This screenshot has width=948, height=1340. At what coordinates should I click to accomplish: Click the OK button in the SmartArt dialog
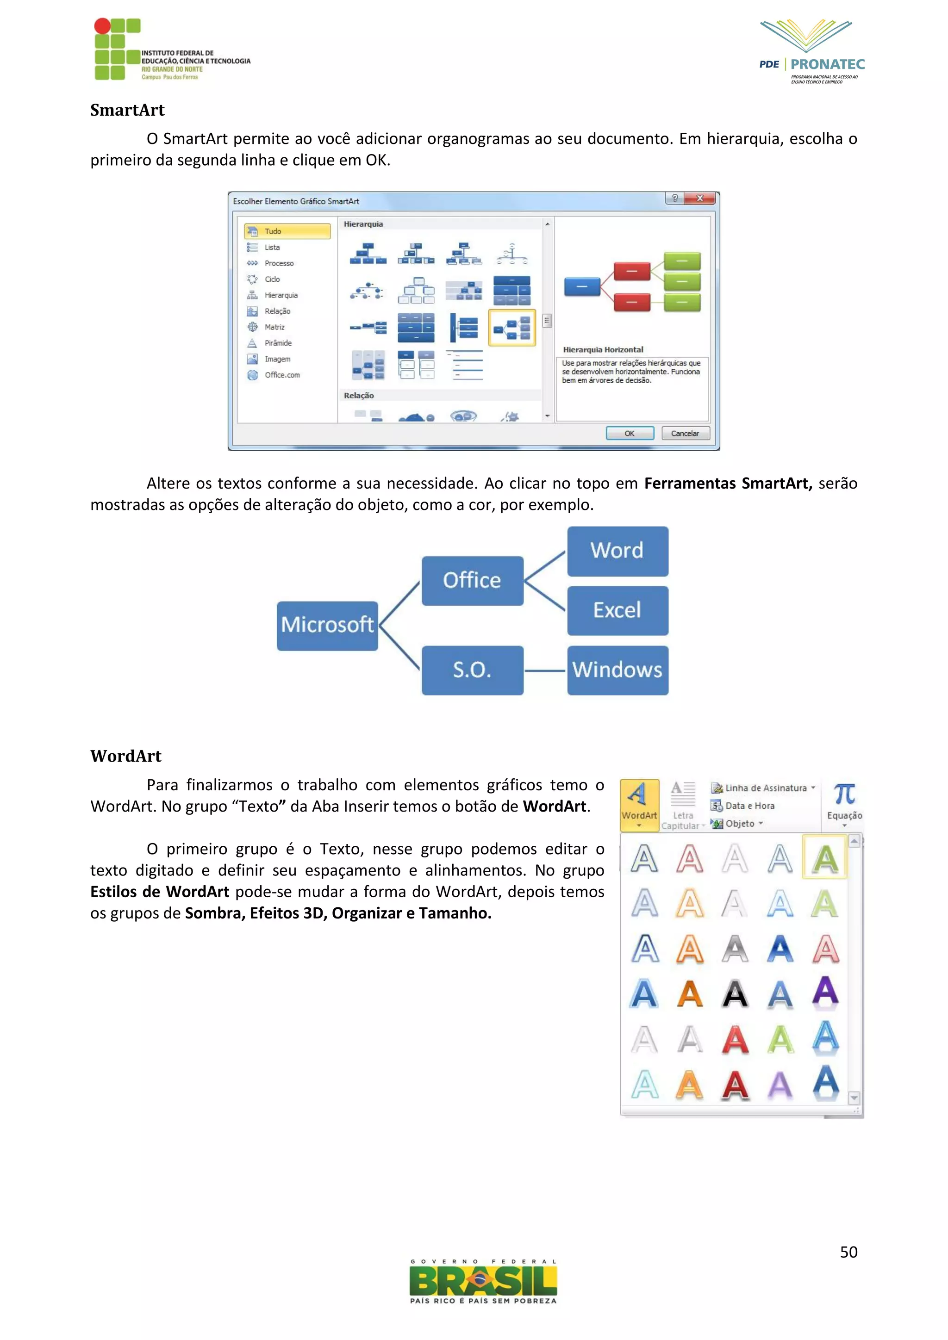pos(629,433)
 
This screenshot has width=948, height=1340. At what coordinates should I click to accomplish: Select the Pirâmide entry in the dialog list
pos(278,343)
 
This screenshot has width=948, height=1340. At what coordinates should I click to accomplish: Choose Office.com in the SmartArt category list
pos(282,375)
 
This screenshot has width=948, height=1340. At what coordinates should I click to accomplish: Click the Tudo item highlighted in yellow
pos(287,231)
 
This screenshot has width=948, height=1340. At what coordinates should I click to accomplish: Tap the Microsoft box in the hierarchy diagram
pos(327,625)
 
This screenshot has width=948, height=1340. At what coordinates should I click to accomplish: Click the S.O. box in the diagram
pos(472,670)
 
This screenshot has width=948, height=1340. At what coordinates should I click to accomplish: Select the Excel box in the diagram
pos(617,610)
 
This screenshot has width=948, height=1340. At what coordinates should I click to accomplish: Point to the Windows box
pos(617,670)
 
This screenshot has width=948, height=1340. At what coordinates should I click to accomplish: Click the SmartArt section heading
pos(127,110)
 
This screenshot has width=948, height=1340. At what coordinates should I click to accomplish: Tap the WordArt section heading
pos(125,756)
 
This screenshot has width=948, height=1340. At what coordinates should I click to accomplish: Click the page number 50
pos(848,1252)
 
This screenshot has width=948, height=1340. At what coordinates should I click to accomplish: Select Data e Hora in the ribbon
pos(749,806)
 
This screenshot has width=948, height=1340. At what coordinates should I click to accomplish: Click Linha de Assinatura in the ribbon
pos(765,788)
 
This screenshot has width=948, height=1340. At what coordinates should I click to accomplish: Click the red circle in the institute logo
pos(102,25)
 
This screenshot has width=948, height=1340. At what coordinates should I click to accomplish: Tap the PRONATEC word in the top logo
pos(827,64)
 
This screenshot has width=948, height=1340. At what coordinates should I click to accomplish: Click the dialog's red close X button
pos(700,199)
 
